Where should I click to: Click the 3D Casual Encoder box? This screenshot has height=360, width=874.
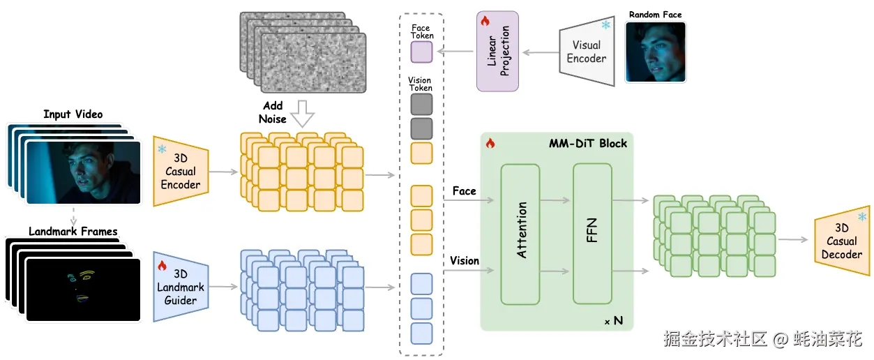pyautogui.click(x=181, y=172)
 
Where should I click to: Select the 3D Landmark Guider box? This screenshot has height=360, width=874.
pyautogui.click(x=181, y=287)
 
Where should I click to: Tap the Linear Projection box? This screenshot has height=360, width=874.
pyautogui.click(x=498, y=52)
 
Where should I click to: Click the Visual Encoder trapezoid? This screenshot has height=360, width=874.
pyautogui.click(x=587, y=52)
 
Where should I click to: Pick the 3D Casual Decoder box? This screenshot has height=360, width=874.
pyautogui.click(x=842, y=241)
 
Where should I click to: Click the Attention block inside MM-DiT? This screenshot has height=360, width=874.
pyautogui.click(x=520, y=234)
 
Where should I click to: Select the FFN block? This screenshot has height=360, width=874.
pyautogui.click(x=592, y=234)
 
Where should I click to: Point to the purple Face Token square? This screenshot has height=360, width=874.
pyautogui.click(x=421, y=52)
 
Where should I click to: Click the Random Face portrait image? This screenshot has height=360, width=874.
pyautogui.click(x=655, y=52)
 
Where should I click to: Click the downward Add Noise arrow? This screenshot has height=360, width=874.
pyautogui.click(x=302, y=112)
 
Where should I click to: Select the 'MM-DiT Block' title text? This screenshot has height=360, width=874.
pyautogui.click(x=587, y=144)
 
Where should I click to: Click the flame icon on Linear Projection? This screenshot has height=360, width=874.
pyautogui.click(x=486, y=22)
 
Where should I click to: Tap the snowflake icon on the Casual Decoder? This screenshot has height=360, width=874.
pyautogui.click(x=862, y=218)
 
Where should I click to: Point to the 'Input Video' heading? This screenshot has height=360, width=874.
pyautogui.click(x=73, y=114)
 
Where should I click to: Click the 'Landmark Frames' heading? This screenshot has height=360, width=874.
pyautogui.click(x=73, y=231)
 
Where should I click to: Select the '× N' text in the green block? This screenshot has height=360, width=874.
pyautogui.click(x=613, y=321)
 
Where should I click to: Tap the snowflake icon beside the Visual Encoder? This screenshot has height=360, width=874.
pyautogui.click(x=605, y=26)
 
